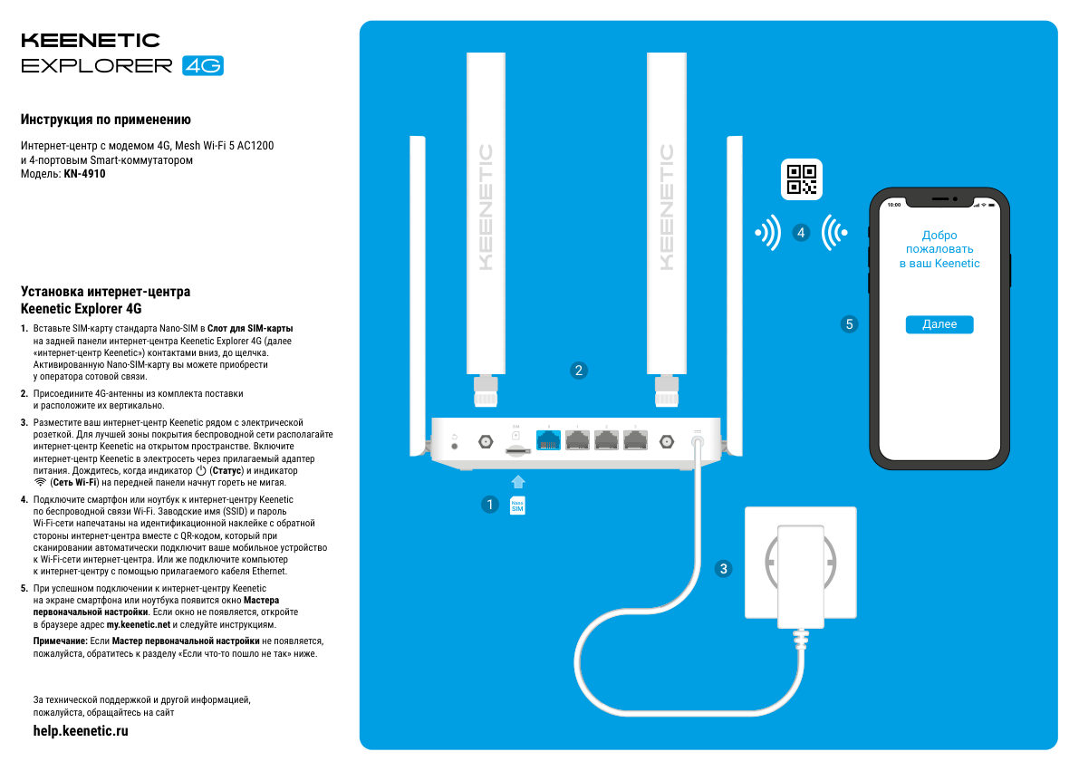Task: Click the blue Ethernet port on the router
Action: click(548, 440)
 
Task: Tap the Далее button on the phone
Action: click(939, 324)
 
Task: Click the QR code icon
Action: click(801, 179)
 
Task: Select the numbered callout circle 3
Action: click(723, 569)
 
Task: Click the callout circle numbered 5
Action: click(849, 323)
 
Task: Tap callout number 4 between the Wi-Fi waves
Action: click(801, 233)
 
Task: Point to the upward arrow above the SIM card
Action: click(517, 481)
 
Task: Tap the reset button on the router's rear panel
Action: click(454, 447)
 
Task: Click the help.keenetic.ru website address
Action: click(81, 731)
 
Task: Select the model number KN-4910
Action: click(85, 174)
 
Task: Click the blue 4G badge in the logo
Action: click(202, 66)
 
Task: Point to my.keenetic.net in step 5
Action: click(139, 625)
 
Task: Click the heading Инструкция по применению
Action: click(105, 120)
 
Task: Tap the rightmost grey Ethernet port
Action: click(636, 440)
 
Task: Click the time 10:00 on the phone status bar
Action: click(894, 205)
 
